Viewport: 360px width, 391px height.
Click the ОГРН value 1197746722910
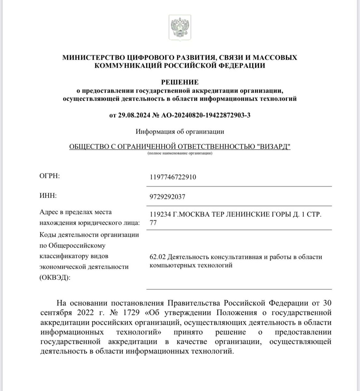point(173,177)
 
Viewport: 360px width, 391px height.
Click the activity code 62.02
point(159,257)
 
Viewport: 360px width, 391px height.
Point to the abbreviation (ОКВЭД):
point(55,278)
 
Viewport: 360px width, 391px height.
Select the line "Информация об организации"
point(180,132)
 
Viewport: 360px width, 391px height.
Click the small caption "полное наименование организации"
point(180,153)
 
